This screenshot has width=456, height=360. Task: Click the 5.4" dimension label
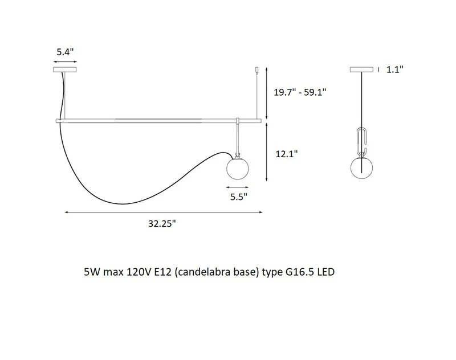pos(65,52)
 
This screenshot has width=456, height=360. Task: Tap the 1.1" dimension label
pos(394,69)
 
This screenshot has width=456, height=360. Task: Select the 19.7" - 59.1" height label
pos(300,92)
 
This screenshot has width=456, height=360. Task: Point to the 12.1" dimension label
pos(287,154)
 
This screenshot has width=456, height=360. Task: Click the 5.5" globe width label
pos(239,197)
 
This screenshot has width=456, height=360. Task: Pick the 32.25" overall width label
pos(162,223)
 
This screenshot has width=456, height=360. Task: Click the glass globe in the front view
pos(238,168)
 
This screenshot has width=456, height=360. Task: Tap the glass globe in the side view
pos(361,167)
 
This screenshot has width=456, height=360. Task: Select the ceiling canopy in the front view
pos(65,69)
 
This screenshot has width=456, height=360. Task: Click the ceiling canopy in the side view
pos(361,69)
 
